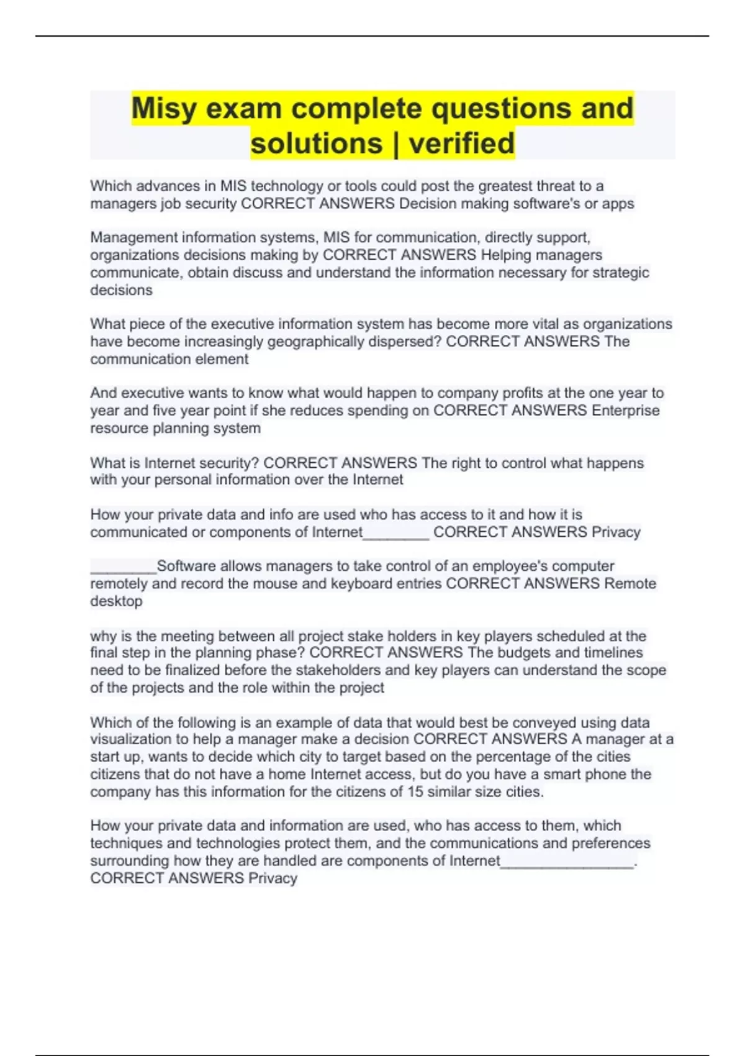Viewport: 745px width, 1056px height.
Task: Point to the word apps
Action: (618, 204)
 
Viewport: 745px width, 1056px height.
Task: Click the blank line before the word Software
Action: (123, 567)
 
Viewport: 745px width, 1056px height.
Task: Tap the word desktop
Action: (116, 601)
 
